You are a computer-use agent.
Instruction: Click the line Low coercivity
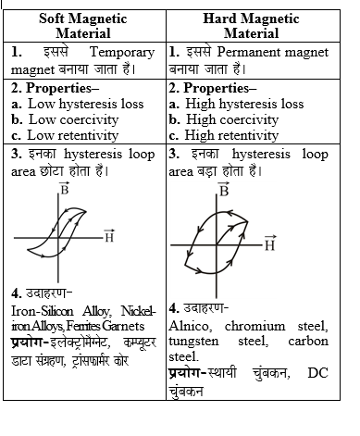click(77, 119)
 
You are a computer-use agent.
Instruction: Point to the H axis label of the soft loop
click(108, 237)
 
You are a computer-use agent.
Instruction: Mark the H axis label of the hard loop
click(269, 245)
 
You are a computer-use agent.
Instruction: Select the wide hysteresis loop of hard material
click(222, 239)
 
